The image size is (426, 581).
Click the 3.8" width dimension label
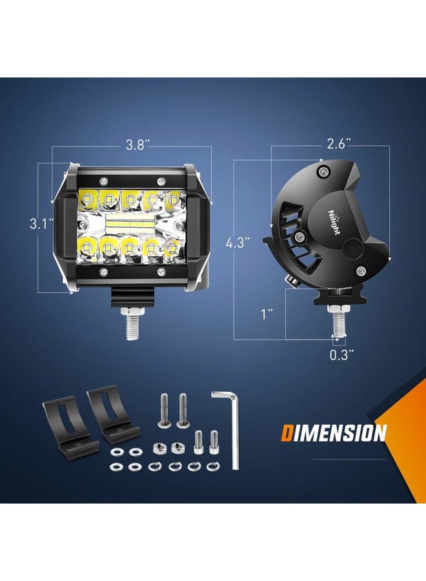click(x=137, y=145)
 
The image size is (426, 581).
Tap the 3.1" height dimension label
click(x=42, y=224)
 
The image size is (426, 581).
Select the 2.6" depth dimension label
click(x=339, y=144)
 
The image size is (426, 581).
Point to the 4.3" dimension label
click(x=238, y=243)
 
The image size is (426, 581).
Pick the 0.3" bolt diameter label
click(x=342, y=355)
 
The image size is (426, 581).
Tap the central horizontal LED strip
click(x=130, y=225)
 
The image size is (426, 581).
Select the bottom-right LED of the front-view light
click(x=172, y=248)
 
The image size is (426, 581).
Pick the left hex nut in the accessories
click(x=159, y=448)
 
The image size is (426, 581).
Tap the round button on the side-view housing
click(x=351, y=248)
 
